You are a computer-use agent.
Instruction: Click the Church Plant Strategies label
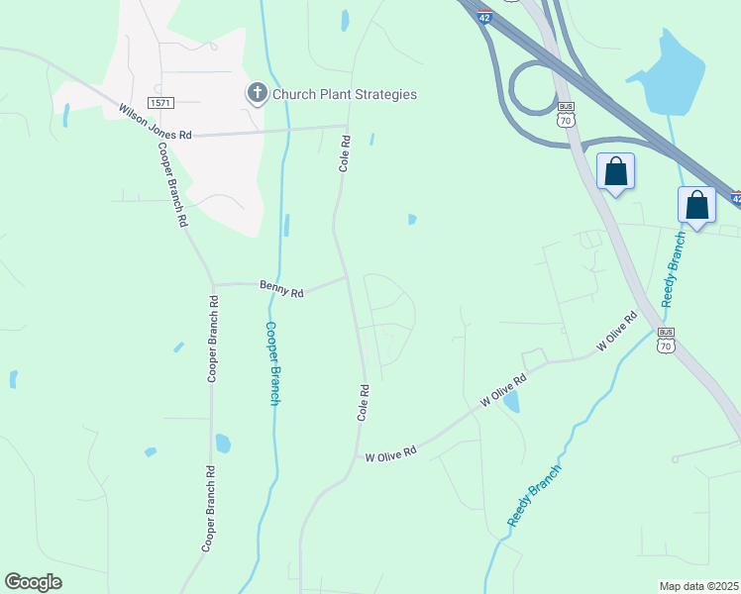[x=345, y=95]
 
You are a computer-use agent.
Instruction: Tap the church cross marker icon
[x=257, y=94]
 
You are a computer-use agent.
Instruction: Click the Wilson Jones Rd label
[x=156, y=122]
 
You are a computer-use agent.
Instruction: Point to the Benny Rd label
[x=282, y=290]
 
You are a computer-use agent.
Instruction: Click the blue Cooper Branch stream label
[x=273, y=362]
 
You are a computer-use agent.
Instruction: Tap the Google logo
[x=33, y=582]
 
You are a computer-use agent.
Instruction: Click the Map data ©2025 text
[x=697, y=586]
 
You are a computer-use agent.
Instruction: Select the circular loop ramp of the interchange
[x=534, y=90]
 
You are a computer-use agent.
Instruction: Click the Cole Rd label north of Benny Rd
[x=345, y=153]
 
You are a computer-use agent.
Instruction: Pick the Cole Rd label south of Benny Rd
[x=364, y=403]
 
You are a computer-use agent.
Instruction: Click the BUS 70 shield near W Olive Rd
[x=666, y=340]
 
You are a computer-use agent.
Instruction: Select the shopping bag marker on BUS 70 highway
[x=616, y=171]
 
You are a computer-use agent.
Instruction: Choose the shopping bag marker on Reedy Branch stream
[x=696, y=205]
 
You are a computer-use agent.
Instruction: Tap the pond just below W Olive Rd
[x=511, y=401]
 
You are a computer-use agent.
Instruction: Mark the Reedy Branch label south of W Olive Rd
[x=534, y=494]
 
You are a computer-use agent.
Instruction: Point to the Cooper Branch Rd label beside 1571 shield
[x=171, y=186]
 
